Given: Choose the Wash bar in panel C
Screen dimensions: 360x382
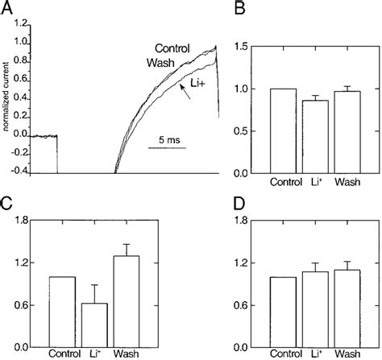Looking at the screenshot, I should pos(126,301).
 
